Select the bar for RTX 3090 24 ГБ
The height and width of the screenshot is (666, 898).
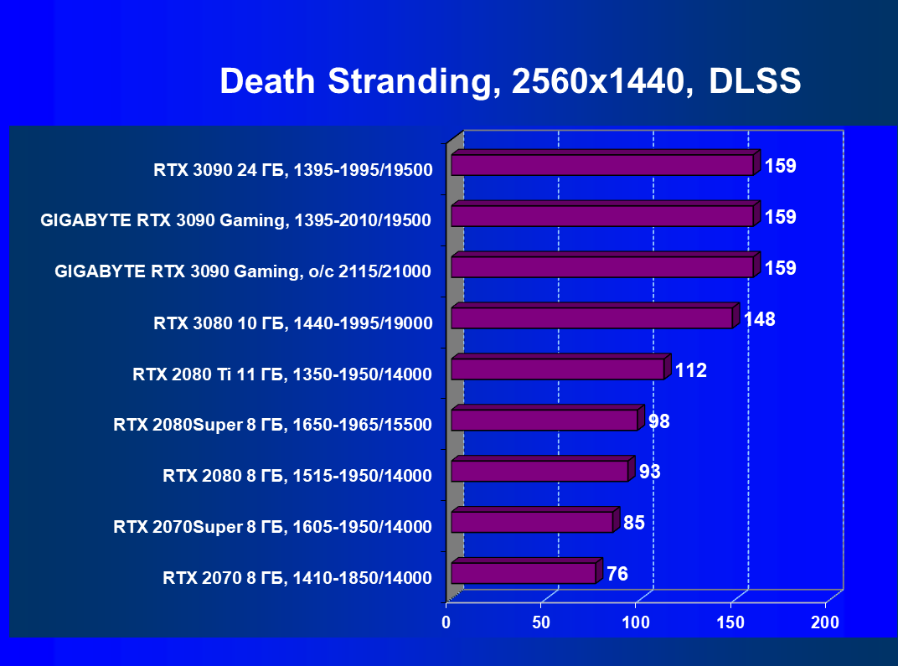coord(601,165)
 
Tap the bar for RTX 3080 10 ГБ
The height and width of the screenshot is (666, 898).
coord(591,318)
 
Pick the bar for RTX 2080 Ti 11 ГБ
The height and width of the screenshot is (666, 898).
coord(557,369)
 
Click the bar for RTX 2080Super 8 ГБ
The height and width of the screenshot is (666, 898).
coord(544,420)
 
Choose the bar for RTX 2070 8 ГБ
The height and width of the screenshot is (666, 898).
coord(523,573)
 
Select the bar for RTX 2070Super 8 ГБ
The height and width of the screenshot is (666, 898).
coord(532,522)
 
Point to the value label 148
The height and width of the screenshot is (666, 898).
coord(759,319)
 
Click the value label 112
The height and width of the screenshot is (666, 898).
coord(691,370)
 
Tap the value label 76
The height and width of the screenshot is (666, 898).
coord(617,574)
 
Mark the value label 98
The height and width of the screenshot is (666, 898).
coord(659,421)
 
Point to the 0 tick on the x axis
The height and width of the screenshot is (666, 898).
coord(446,622)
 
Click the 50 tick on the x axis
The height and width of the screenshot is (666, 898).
coord(541,622)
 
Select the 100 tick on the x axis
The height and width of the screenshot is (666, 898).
coord(636,622)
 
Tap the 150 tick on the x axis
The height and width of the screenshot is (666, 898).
coord(730,622)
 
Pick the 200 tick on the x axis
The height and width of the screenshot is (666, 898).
coord(825,622)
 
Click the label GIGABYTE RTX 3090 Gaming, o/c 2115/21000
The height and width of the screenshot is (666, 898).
coord(242,271)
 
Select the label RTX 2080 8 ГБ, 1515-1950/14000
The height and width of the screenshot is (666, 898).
coord(297,477)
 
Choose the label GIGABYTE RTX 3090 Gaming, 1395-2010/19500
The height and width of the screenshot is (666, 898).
coord(235,221)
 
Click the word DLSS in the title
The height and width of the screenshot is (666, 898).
coord(755,81)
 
